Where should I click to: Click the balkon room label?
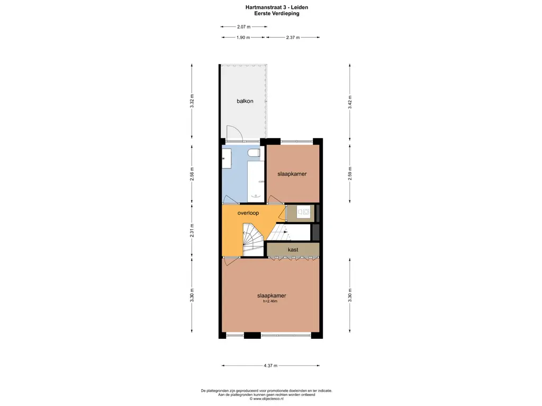click(245, 101)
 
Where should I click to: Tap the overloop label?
click(248, 213)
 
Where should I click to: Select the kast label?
click(293, 250)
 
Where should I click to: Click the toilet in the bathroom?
click(254, 153)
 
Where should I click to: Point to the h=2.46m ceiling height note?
click(270, 301)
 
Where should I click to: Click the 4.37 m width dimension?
click(270, 366)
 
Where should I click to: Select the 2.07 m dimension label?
click(243, 26)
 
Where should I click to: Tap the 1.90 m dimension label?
click(243, 38)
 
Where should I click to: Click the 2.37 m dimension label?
click(293, 38)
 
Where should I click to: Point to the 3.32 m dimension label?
click(192, 101)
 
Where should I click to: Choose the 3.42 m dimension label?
click(350, 102)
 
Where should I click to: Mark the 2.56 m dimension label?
click(192, 174)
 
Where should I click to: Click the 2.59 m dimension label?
click(350, 173)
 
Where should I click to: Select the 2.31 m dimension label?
click(192, 230)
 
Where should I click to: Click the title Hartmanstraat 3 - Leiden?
click(277, 7)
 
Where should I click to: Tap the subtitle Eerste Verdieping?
click(277, 14)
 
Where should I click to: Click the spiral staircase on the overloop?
click(253, 240)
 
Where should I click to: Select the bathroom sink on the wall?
click(227, 159)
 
